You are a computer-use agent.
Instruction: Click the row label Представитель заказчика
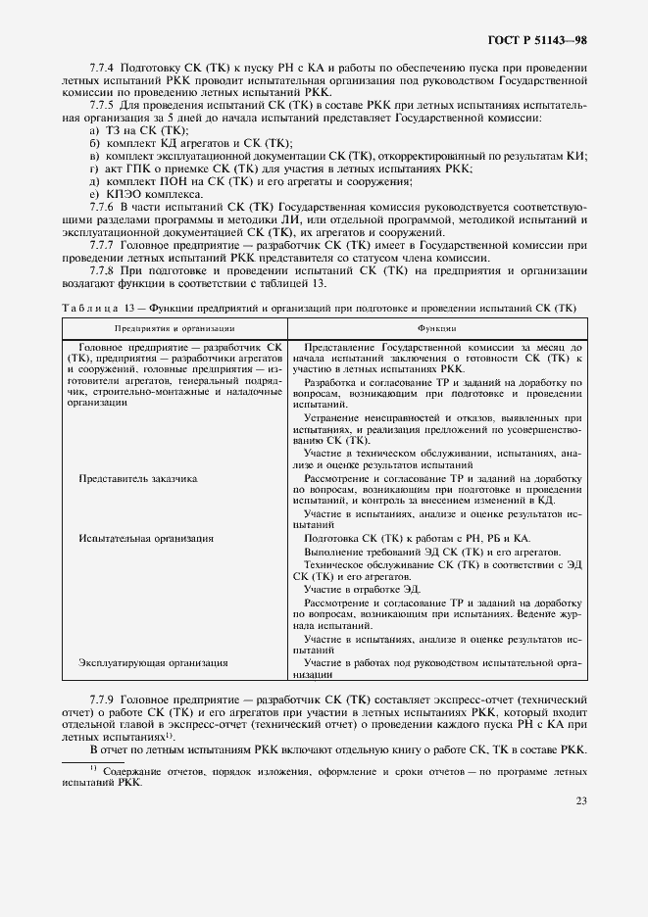click(138, 479)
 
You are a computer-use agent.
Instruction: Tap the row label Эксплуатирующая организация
click(153, 663)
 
